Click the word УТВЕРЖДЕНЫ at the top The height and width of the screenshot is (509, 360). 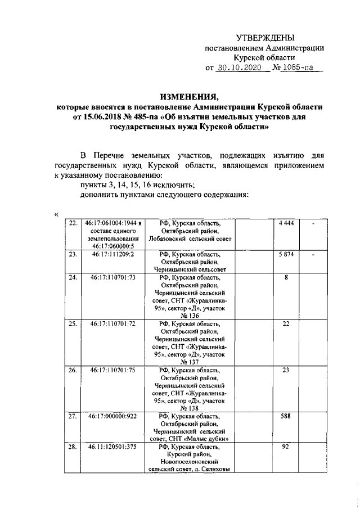coord(264,38)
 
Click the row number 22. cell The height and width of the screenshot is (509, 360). coord(73,223)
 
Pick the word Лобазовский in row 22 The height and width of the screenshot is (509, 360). coord(169,238)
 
